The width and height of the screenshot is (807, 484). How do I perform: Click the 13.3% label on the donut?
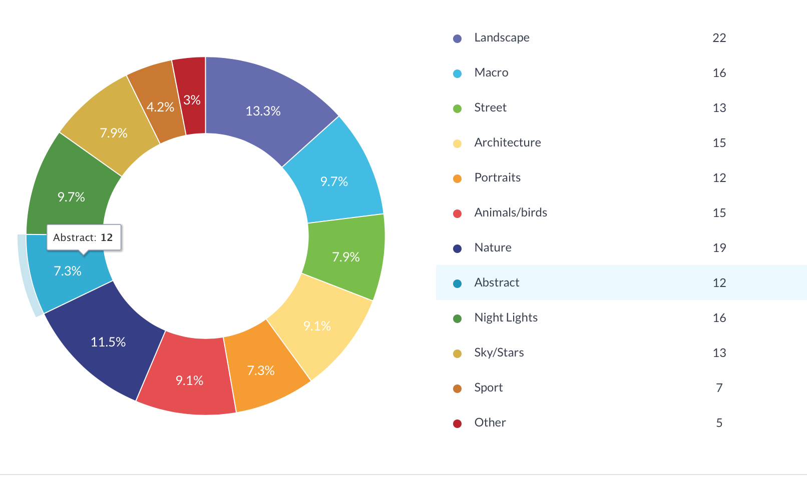point(263,111)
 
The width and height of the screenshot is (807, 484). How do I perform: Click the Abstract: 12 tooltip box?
point(84,237)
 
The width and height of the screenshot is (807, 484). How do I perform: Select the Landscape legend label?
point(502,37)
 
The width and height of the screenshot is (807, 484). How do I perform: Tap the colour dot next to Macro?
point(457,73)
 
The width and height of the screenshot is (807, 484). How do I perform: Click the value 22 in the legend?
point(719,38)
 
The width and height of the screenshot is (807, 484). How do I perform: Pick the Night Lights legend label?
point(506,317)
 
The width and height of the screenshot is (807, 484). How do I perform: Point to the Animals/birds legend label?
point(511,212)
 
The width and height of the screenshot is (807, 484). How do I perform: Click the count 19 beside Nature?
point(719,248)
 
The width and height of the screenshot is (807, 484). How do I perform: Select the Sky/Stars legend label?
point(499,352)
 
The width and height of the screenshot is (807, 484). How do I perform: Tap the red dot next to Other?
point(457,423)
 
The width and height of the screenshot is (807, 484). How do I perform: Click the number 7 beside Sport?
point(719,388)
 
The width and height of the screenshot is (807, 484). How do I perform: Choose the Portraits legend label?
point(497,177)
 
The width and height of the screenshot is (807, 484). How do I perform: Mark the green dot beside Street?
point(457,108)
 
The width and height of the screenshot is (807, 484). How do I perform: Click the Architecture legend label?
point(508,142)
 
